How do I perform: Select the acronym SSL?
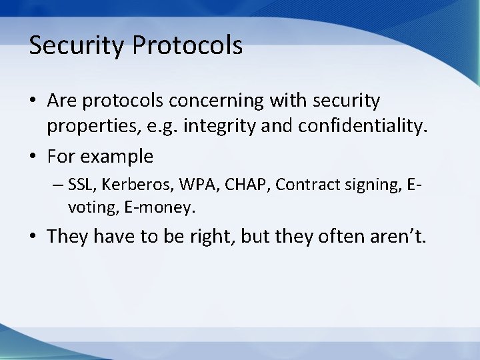[x=80, y=185]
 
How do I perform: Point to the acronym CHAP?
[x=236, y=185]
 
